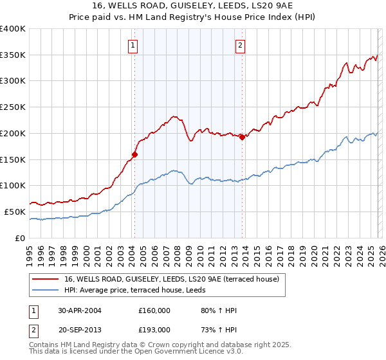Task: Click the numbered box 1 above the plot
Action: pos(133,45)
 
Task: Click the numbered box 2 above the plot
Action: pos(239,45)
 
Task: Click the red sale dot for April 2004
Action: pos(135,154)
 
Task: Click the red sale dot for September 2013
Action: pos(242,137)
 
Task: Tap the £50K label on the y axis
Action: pos(15,212)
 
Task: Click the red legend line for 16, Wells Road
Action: pos(46,280)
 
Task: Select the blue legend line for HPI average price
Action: pos(46,291)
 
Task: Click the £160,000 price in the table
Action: pos(154,310)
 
